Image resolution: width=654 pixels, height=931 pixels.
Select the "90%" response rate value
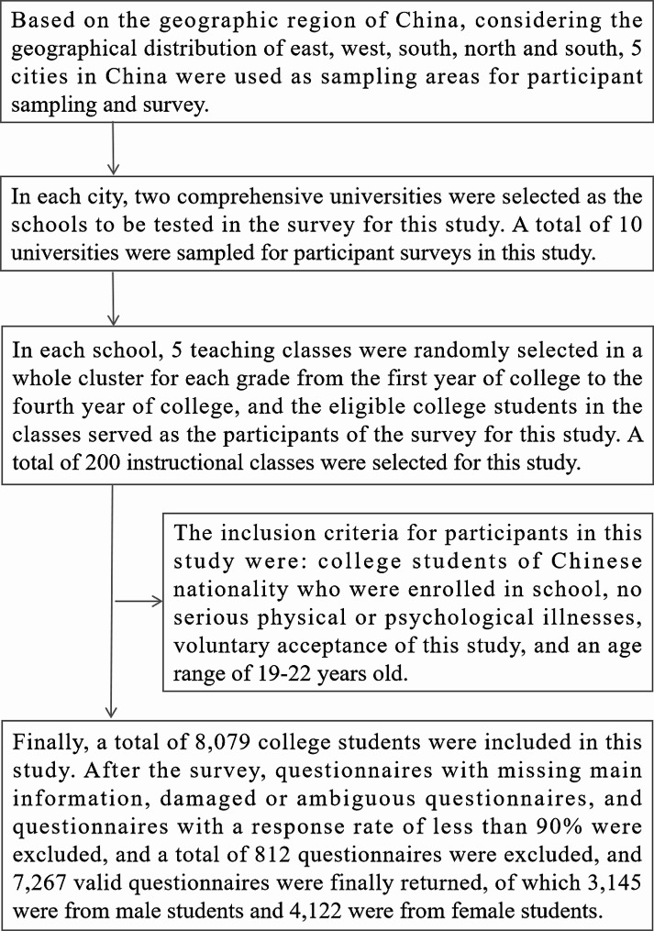(x=563, y=826)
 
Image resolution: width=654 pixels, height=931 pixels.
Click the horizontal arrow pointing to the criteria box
(x=139, y=603)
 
